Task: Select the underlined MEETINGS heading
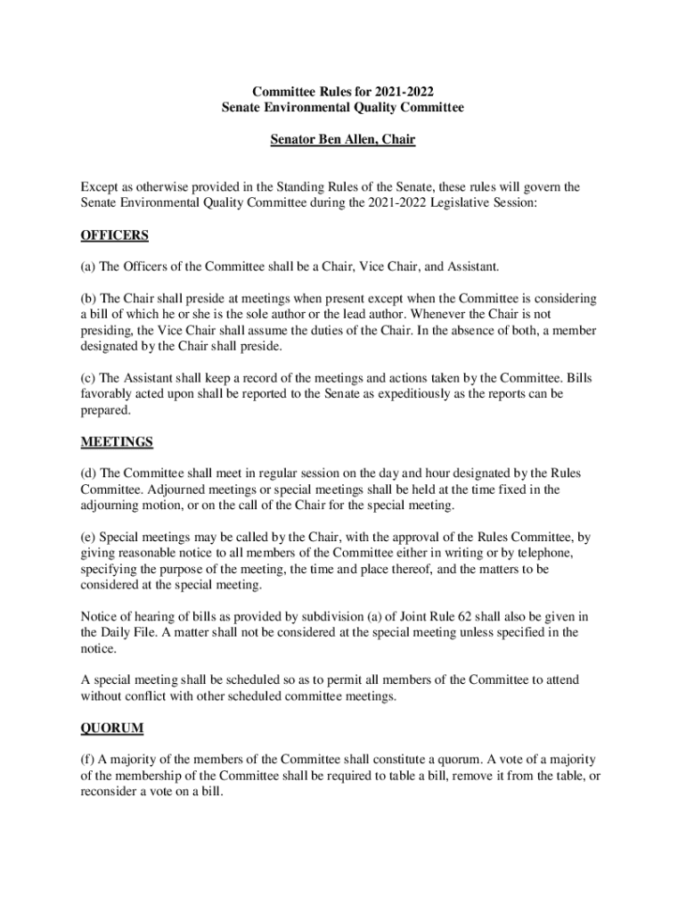118,441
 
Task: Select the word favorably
109,393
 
